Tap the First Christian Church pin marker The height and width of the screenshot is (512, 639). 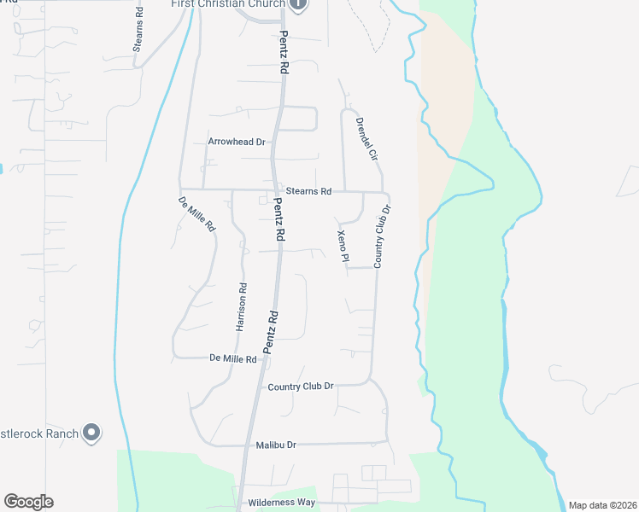[298, 4]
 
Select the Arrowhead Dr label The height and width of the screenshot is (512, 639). [237, 142]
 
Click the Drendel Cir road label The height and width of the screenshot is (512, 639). [366, 139]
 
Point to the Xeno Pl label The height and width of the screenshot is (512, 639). [343, 245]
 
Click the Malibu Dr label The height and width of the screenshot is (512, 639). [276, 445]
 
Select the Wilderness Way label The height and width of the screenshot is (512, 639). [281, 503]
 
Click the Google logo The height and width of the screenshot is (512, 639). [28, 502]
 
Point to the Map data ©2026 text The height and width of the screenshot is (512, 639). [603, 505]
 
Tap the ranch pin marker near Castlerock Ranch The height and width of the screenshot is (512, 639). [92, 433]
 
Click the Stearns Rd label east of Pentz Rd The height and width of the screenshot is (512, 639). [308, 192]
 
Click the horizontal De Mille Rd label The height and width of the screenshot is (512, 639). [233, 360]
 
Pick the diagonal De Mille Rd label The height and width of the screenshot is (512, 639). [197, 215]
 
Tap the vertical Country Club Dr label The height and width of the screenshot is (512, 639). [382, 236]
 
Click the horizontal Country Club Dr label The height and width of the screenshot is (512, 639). [300, 387]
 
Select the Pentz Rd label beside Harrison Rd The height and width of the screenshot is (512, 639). [271, 331]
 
